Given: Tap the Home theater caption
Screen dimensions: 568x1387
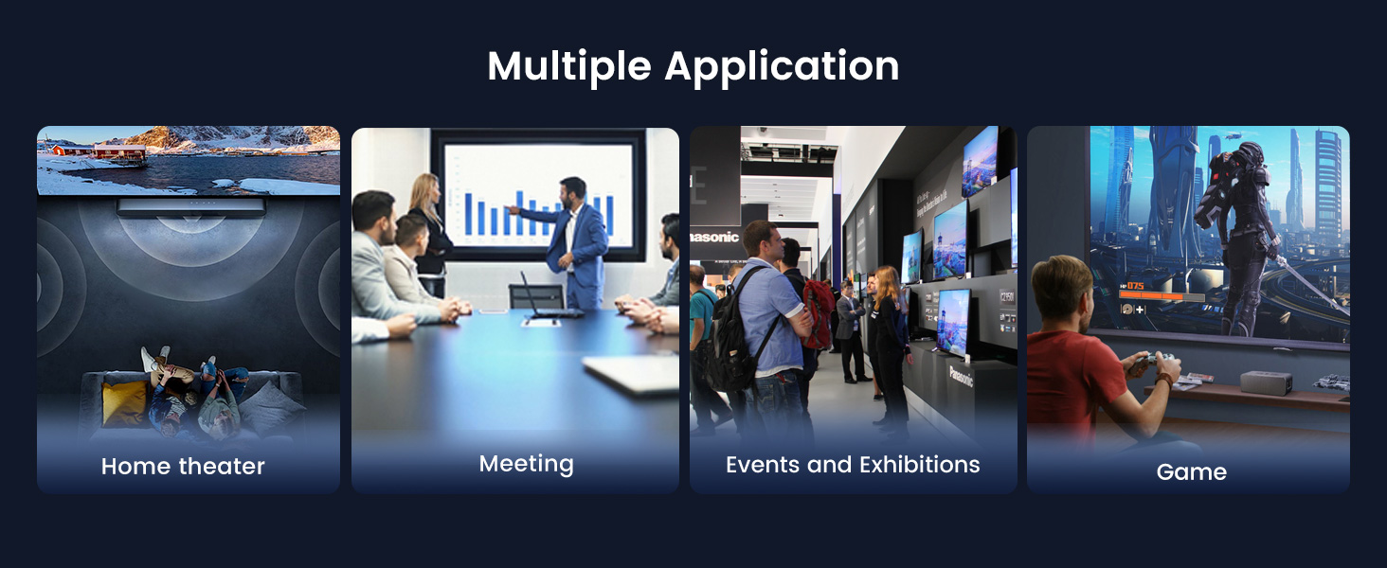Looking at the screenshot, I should coord(183,466).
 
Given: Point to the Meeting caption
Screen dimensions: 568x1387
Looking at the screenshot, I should coord(526,464).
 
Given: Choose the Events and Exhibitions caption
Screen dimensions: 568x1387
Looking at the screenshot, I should coord(853,465).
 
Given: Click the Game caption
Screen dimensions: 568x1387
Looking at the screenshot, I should coord(1191,471).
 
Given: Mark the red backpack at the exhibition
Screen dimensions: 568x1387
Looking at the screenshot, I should coord(818,313).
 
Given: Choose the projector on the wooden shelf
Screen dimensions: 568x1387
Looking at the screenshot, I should coord(1266,382).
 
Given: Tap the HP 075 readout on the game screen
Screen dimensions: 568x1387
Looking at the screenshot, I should coord(1132,284).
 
